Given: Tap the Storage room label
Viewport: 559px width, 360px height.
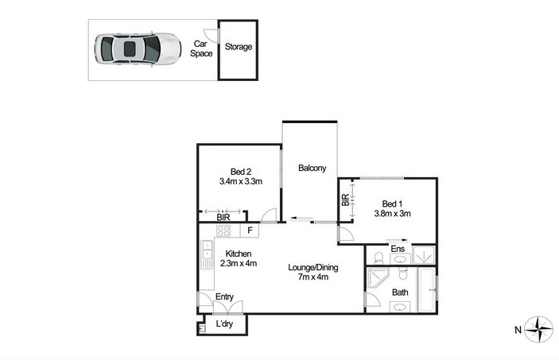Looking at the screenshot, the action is pos(238,47).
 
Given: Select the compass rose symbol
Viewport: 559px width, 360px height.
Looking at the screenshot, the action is pos(539,329).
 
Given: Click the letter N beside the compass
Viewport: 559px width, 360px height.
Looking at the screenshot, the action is pos(518,330).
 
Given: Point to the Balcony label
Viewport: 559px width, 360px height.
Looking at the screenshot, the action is pos(312,168).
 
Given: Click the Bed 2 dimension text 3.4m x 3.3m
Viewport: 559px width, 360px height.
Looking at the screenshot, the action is pos(241,181).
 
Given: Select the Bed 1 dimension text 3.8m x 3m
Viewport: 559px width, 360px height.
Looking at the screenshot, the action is pos(392,214).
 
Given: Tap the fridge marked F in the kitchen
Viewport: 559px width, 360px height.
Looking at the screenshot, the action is pos(250,230).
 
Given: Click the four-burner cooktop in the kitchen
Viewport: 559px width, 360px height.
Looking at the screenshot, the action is pos(223,230).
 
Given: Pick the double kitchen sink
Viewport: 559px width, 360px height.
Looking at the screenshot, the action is pos(207,250).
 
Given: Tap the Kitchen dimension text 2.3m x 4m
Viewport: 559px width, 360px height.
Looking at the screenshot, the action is pos(238,263).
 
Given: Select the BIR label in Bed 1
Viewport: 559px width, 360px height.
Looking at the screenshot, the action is pos(345,200).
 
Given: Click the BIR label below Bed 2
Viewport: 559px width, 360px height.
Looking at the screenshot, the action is pos(223,217).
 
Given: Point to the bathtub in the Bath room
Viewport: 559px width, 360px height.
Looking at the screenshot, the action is pos(426,290).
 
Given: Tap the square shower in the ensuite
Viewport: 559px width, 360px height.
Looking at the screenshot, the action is pos(424,255).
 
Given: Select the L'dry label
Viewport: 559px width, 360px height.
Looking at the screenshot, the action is pos(224,324).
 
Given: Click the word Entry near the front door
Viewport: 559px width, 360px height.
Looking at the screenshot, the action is pos(224,297).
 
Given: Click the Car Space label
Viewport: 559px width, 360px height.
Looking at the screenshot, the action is pos(201,48).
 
